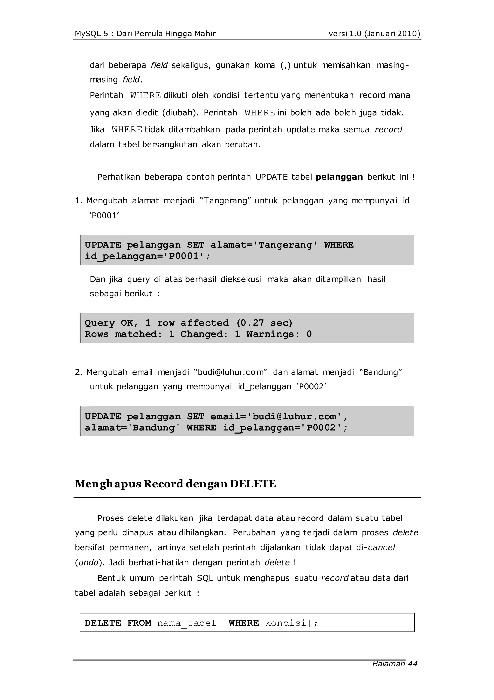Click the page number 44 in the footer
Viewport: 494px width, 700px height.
(412, 664)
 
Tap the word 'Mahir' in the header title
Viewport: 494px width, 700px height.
(206, 34)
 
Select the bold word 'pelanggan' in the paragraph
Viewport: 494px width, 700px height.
(339, 177)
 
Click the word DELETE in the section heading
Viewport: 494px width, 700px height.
(253, 484)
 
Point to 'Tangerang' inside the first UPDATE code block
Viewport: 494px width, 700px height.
(285, 245)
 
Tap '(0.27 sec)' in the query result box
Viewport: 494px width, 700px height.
(264, 323)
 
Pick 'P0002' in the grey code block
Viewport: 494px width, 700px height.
(321, 428)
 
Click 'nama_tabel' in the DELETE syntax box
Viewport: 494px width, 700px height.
(186, 623)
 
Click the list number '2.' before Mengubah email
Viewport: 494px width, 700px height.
(79, 372)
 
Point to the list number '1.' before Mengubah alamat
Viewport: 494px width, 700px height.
(79, 201)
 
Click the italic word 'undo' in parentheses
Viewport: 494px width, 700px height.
(88, 562)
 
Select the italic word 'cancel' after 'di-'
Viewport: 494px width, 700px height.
(381, 547)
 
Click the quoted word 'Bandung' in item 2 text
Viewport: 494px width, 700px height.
(381, 372)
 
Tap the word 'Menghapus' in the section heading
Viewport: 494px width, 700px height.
(108, 484)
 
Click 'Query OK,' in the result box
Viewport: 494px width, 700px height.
(111, 323)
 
